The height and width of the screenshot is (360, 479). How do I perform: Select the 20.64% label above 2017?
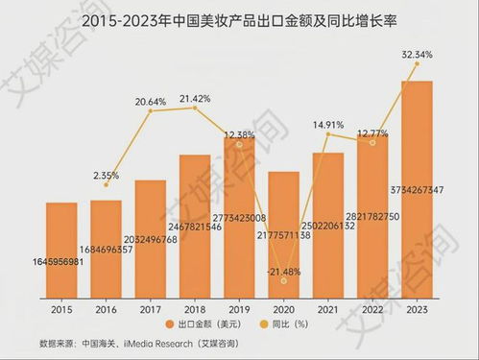coord(152,101)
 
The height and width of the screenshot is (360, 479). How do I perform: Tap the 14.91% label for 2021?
coord(327,123)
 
